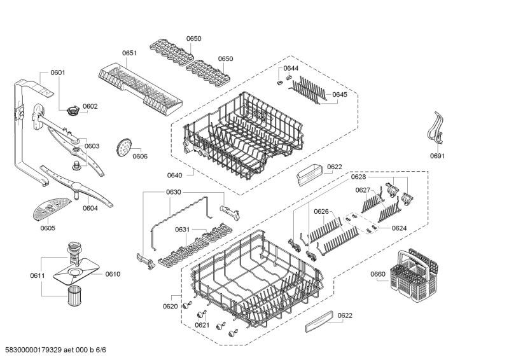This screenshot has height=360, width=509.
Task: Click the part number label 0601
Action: click(x=57, y=73)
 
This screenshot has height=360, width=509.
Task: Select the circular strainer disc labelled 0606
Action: click(x=123, y=148)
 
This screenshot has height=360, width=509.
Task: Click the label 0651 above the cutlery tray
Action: click(x=130, y=53)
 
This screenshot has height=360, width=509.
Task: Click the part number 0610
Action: click(x=113, y=274)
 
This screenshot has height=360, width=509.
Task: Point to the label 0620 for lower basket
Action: click(x=170, y=307)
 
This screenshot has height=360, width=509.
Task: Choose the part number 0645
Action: click(x=339, y=95)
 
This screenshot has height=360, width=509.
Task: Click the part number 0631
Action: click(x=182, y=230)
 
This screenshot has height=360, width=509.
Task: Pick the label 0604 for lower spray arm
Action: click(x=90, y=207)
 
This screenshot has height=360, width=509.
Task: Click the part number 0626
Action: click(x=321, y=211)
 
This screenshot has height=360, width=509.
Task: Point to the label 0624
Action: click(x=399, y=228)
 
